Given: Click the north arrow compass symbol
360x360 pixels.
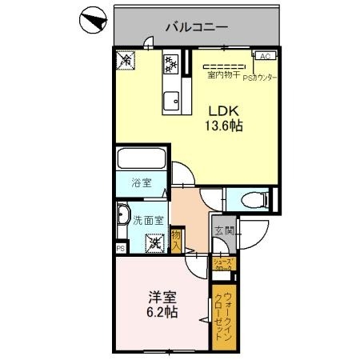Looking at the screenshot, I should [x=94, y=21].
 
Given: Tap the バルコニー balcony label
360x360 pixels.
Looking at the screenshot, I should [x=196, y=27].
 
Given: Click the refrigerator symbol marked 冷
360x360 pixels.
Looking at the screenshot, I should [x=125, y=59].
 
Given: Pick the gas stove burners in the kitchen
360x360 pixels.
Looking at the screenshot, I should [x=172, y=62].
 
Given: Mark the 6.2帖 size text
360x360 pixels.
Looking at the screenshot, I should [x=161, y=311].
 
